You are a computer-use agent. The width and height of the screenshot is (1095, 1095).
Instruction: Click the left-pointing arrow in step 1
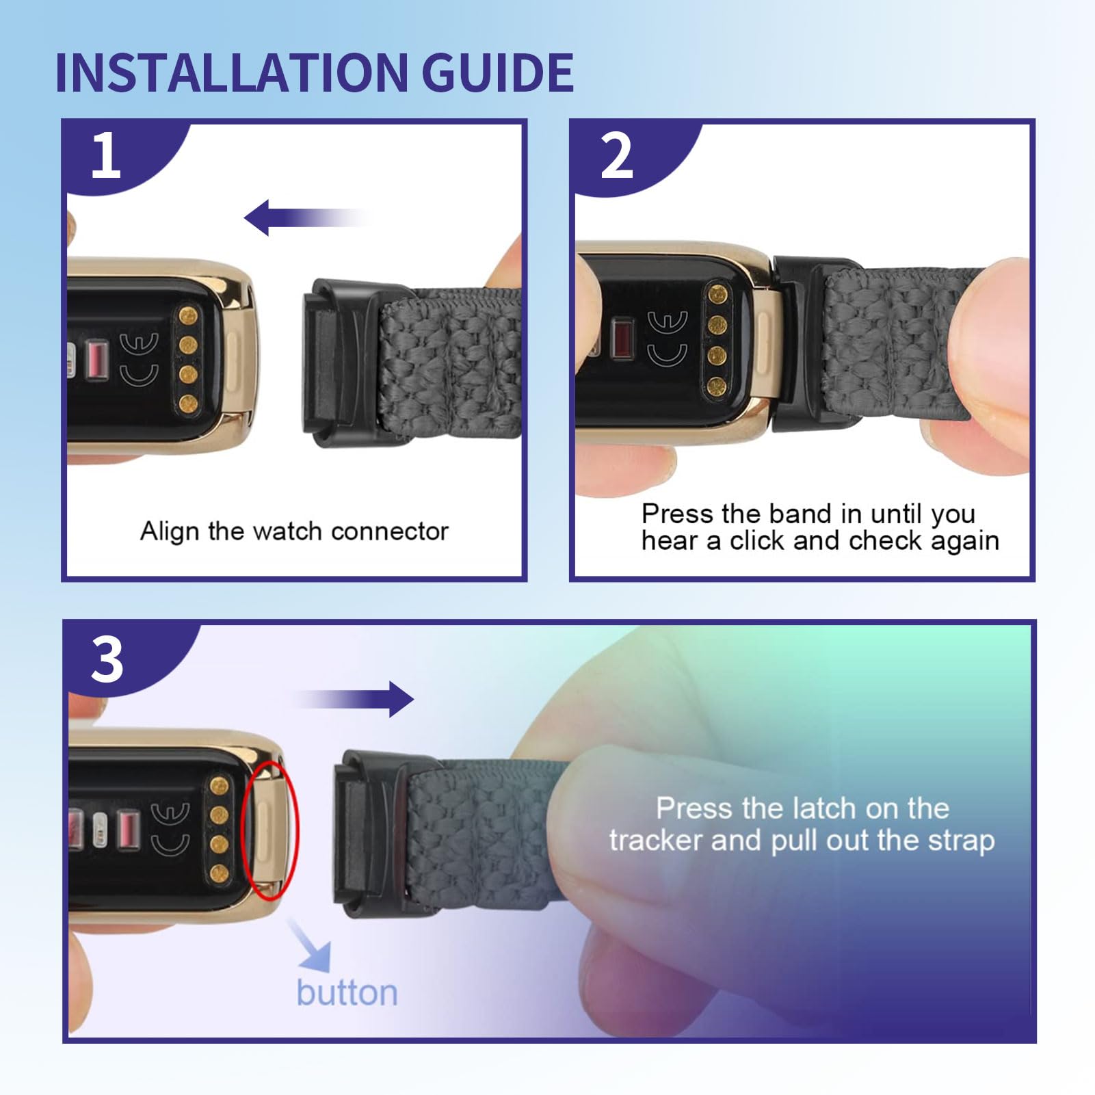click(x=308, y=217)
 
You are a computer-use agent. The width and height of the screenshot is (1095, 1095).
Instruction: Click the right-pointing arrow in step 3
click(x=354, y=699)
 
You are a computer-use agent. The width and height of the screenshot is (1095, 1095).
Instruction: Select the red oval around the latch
click(x=272, y=829)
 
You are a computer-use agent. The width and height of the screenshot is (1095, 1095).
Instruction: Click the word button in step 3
click(x=347, y=992)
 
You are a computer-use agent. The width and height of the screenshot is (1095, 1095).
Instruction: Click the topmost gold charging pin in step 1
click(x=189, y=316)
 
